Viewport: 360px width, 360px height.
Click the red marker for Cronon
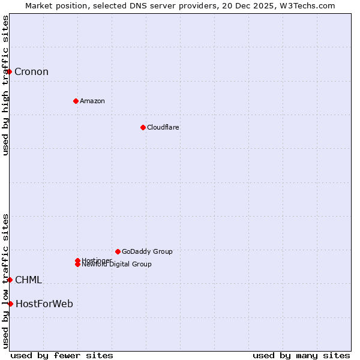(9, 72)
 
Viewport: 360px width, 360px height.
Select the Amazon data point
(76, 101)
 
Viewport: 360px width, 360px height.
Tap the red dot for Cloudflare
(143, 127)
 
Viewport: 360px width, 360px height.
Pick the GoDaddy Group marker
(118, 251)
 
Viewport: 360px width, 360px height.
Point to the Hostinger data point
(77, 260)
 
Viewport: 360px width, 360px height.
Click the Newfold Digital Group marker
(77, 265)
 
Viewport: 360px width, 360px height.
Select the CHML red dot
(10, 280)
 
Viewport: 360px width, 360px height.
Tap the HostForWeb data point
(10, 304)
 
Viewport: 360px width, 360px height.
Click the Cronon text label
(31, 72)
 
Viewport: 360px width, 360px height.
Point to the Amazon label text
(92, 101)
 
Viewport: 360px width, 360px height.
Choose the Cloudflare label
(163, 127)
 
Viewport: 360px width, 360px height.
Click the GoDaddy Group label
(147, 251)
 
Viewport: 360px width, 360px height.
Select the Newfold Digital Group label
(117, 265)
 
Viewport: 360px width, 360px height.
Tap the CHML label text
(28, 280)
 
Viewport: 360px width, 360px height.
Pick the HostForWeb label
(44, 304)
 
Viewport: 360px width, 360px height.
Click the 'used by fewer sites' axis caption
(62, 355)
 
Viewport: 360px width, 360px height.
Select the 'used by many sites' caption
(301, 355)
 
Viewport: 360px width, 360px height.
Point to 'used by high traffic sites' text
(5, 85)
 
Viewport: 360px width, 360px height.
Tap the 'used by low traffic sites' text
(5, 281)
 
